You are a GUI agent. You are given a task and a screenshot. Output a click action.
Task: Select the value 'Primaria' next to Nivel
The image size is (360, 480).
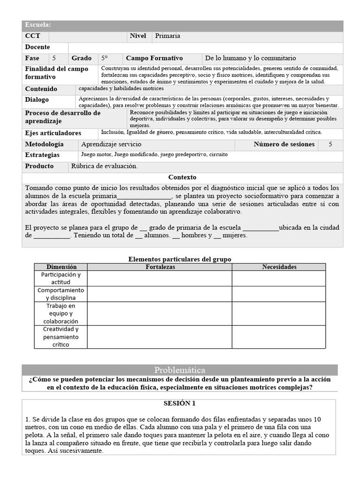(x=167, y=36)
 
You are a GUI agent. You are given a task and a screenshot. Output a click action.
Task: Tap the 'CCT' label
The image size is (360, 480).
(x=32, y=36)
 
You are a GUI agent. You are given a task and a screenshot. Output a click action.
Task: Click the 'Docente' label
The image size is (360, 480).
(x=37, y=47)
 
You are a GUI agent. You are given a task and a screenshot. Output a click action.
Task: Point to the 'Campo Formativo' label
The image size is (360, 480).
(x=154, y=59)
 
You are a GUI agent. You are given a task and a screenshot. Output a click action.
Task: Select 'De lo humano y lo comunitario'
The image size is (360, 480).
(x=250, y=59)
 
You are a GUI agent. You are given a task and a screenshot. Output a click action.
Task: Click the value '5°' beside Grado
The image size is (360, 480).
(x=105, y=59)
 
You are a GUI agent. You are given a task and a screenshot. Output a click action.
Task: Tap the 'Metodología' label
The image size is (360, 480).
(x=44, y=144)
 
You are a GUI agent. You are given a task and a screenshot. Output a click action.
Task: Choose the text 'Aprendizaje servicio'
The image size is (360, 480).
(x=111, y=144)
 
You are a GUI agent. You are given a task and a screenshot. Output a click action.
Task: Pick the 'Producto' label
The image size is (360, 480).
(x=39, y=166)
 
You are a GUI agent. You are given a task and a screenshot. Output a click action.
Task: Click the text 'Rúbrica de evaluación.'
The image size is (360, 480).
(x=104, y=166)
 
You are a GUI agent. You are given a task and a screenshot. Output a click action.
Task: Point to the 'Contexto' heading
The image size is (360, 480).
(x=182, y=178)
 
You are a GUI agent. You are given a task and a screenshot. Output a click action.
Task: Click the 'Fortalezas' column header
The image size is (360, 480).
(x=160, y=267)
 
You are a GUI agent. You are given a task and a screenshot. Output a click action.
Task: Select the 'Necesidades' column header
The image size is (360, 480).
(x=279, y=267)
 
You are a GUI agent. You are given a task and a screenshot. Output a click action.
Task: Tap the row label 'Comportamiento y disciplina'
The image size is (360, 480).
(x=60, y=294)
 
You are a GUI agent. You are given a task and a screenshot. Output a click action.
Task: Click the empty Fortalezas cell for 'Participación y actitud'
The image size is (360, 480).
(x=160, y=278)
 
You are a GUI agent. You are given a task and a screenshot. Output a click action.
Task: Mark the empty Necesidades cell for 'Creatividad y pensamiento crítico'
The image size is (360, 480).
(x=279, y=337)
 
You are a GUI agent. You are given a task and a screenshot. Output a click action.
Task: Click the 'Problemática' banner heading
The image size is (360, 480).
(x=180, y=370)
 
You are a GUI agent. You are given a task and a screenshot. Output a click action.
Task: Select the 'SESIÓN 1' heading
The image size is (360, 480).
(x=179, y=403)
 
